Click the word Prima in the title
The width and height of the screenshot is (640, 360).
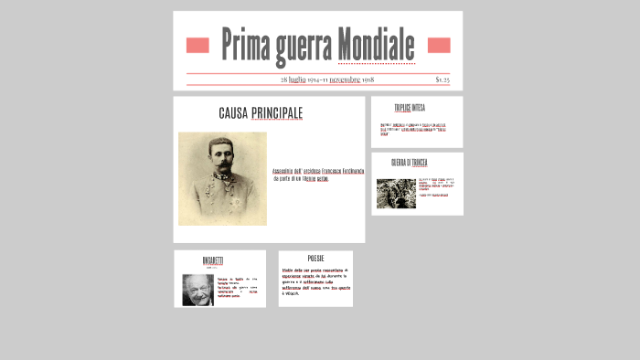click(245, 45)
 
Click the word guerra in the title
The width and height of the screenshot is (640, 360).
click(303, 46)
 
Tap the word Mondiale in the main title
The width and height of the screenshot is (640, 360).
click(376, 45)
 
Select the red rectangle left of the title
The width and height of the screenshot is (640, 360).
click(197, 46)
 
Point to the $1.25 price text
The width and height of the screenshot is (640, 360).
click(443, 79)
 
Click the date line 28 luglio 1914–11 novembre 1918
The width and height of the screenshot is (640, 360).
click(326, 79)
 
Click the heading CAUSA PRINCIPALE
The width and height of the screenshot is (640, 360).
click(261, 113)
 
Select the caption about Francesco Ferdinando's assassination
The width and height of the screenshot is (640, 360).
click(317, 175)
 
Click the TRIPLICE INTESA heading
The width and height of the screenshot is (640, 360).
click(410, 108)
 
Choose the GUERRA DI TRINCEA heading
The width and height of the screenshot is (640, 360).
click(410, 163)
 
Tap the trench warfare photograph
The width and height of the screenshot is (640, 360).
click(396, 193)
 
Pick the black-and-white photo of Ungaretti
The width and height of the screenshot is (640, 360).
click(197, 290)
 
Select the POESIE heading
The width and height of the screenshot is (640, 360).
click(315, 259)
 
